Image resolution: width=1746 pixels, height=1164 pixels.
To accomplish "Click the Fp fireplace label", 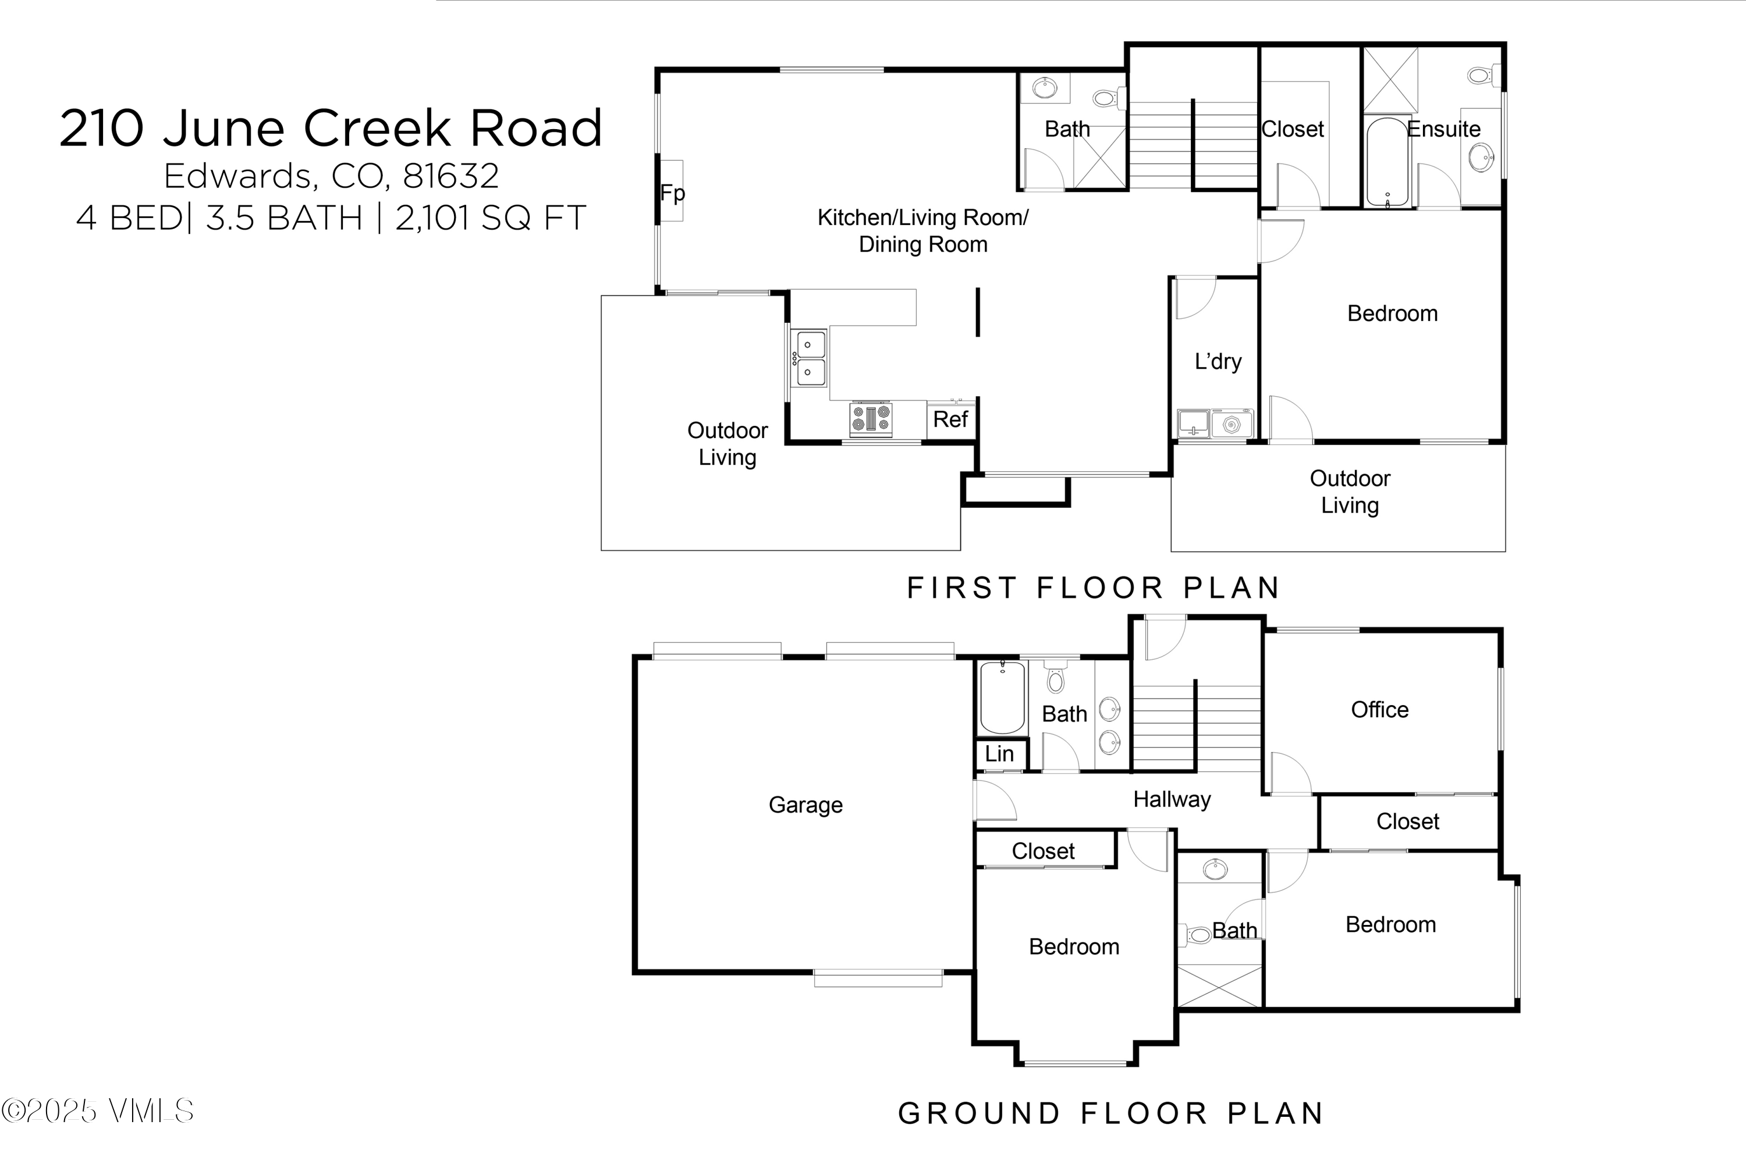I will (x=672, y=193).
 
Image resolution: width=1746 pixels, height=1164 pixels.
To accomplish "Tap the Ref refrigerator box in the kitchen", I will (x=950, y=419).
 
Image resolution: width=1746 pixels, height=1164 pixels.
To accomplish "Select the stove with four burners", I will (x=871, y=419).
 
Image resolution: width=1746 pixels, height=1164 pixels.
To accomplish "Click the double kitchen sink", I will (x=810, y=358).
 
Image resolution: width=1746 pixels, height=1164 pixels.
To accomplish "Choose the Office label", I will (x=1379, y=710).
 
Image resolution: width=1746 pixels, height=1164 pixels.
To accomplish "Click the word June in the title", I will (x=223, y=129).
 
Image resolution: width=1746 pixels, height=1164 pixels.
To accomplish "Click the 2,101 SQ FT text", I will (x=490, y=218).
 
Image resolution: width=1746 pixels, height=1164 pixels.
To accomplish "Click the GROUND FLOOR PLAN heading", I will (x=1110, y=1113).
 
